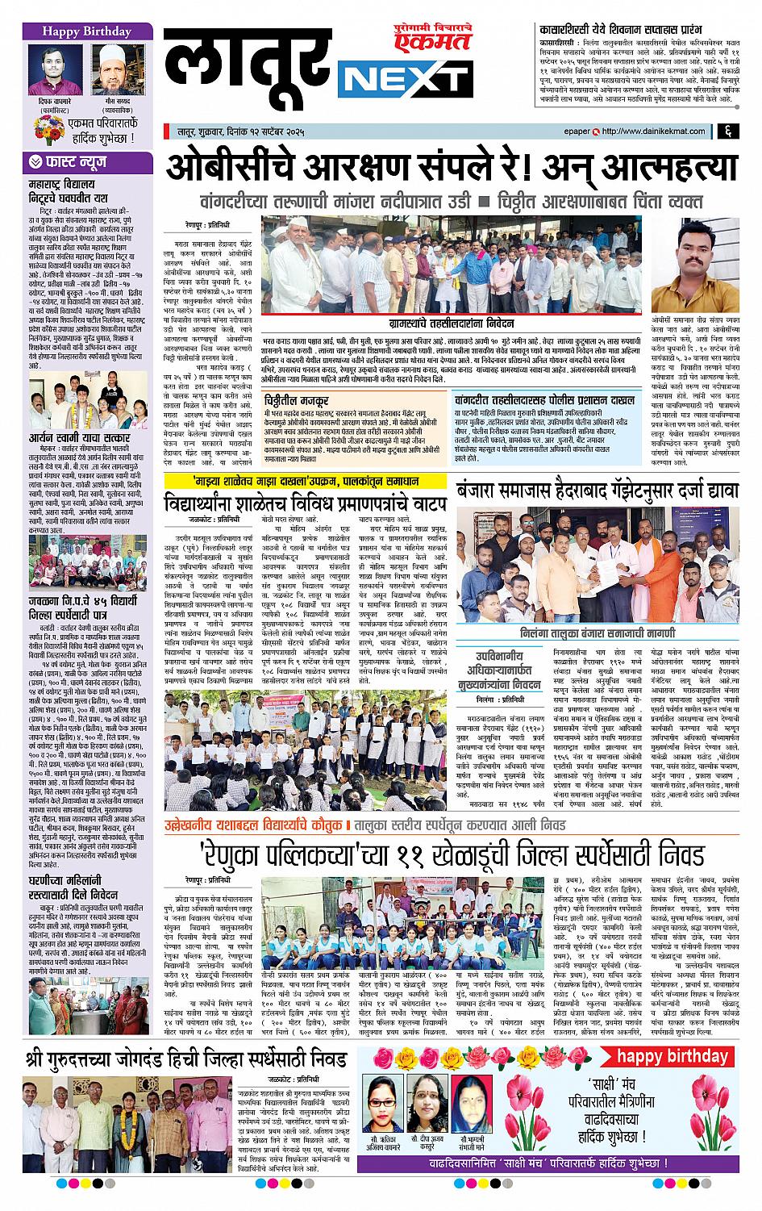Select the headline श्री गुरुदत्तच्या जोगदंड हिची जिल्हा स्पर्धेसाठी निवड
pos(186,1058)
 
